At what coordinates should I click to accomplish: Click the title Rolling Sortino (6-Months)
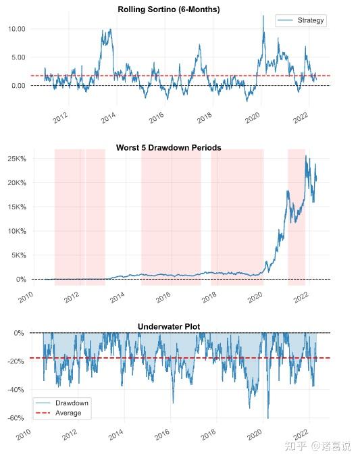tap(168, 9)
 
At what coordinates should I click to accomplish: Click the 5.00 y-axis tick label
tap(18, 57)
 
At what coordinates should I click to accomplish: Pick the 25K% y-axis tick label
tap(16, 159)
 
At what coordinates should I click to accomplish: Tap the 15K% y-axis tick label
tap(16, 207)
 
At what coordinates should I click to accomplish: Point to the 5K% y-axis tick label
tap(18, 255)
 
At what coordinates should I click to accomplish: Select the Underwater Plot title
tap(168, 327)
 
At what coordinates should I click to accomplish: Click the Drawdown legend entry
tap(72, 403)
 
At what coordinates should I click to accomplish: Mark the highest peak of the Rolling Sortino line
tap(263, 16)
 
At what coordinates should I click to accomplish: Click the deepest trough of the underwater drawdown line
tap(267, 418)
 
